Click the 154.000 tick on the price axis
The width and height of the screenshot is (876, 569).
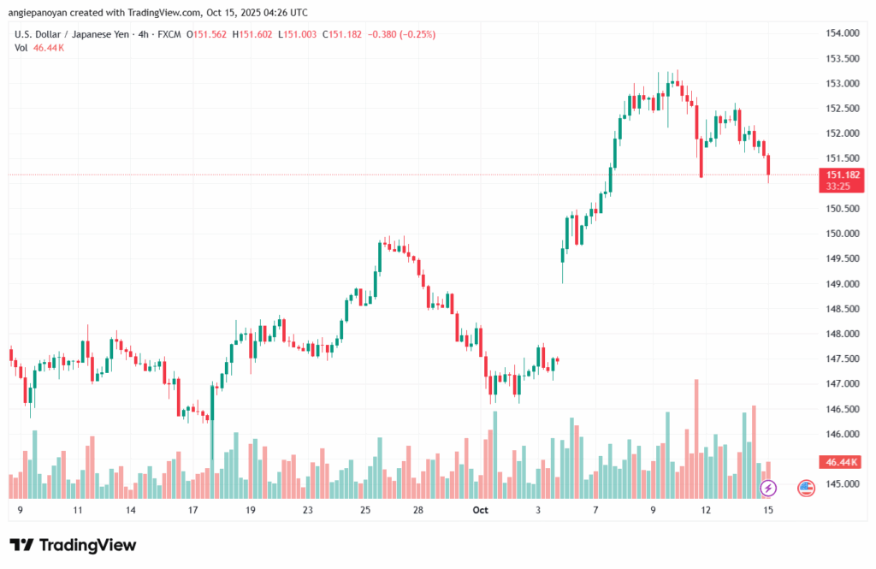click(842, 33)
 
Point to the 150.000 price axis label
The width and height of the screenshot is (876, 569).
click(842, 234)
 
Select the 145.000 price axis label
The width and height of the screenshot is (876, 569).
click(842, 484)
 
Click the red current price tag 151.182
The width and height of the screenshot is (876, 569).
click(842, 175)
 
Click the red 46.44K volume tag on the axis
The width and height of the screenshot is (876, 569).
click(842, 462)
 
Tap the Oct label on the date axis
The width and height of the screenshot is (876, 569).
click(480, 510)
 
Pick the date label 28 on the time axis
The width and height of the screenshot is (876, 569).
click(418, 510)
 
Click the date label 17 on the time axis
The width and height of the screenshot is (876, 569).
click(193, 510)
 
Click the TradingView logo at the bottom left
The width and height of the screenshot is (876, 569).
click(73, 545)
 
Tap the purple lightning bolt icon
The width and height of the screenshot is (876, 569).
click(768, 488)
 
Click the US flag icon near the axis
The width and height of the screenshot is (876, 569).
click(806, 488)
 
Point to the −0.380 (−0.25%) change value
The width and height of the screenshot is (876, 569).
click(401, 34)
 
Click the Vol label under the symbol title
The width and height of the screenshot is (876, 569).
click(21, 48)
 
